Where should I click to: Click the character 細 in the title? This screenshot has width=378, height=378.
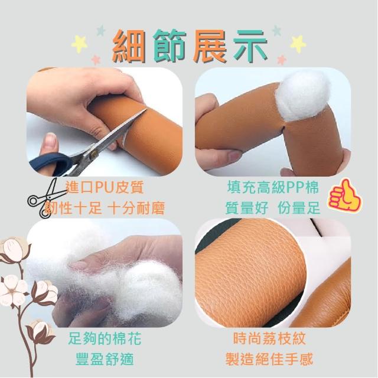pyautogui.click(x=130, y=46)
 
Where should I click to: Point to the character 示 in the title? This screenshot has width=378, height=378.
pyautogui.click(x=250, y=46)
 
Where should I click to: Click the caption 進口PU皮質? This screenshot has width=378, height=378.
pyautogui.click(x=105, y=187)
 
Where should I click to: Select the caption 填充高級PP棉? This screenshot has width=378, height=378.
pyautogui.click(x=273, y=187)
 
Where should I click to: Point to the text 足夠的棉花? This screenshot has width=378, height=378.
pyautogui.click(x=105, y=338)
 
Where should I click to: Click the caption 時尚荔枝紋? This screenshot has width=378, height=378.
pyautogui.click(x=269, y=338)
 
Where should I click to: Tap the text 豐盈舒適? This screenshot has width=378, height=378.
pyautogui.click(x=105, y=359)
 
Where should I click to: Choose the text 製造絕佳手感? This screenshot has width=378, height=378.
pyautogui.click(x=269, y=359)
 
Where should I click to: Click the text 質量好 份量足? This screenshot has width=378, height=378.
pyautogui.click(x=273, y=208)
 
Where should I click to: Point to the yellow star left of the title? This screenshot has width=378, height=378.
pyautogui.click(x=80, y=44)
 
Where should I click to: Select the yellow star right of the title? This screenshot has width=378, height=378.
pyautogui.click(x=298, y=44)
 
